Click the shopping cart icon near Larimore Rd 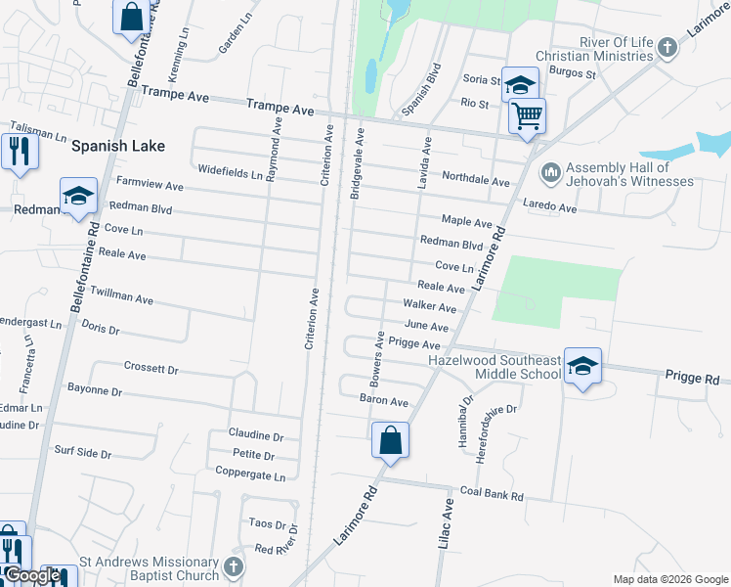(x=527, y=116)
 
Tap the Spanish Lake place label (x=117, y=146)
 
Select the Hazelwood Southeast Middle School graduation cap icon (x=583, y=367)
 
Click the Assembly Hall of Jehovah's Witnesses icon (x=550, y=173)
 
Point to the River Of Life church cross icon (x=667, y=48)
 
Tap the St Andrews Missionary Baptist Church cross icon (x=233, y=567)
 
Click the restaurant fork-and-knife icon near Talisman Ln (x=18, y=151)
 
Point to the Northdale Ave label (x=476, y=181)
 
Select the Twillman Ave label (x=122, y=295)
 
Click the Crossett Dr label (x=151, y=369)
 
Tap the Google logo (x=32, y=576)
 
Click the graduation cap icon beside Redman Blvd (x=78, y=196)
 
